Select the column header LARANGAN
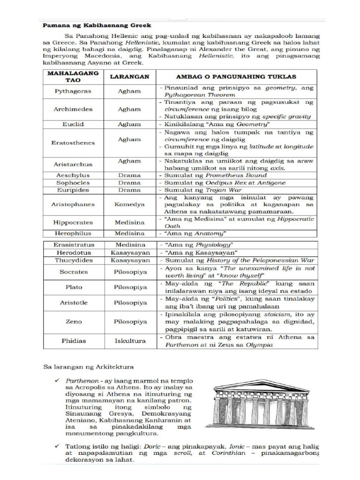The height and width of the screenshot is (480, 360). pos(129,76)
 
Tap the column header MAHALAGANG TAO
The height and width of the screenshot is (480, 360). pos(73,76)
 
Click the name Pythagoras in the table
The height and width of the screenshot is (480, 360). pos(73,91)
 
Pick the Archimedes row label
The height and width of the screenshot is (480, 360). pos(73,109)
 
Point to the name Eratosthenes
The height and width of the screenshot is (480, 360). pos(73,142)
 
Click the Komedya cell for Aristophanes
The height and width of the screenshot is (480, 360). pos(129,204)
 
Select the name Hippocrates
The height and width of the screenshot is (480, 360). pos(73,223)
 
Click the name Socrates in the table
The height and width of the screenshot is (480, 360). pos(73,272)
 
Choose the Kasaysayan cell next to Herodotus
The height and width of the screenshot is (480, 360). pos(130,252)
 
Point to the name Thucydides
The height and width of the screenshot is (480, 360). pos(73,260)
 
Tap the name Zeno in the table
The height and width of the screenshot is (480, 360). pos(73,322)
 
